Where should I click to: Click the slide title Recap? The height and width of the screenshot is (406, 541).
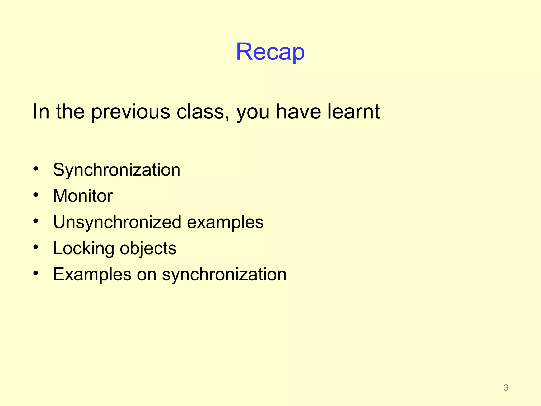point(270,52)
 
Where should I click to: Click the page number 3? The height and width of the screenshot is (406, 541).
point(506,387)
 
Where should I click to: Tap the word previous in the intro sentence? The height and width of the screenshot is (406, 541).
point(130,112)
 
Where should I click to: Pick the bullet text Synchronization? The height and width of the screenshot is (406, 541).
point(116,170)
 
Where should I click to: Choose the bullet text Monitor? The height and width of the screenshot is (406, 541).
point(83,196)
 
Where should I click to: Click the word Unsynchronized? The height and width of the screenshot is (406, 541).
point(117,222)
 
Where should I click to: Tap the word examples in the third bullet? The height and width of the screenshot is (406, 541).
point(225,223)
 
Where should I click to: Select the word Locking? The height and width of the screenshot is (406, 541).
point(83,248)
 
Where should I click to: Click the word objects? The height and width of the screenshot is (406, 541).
point(148,248)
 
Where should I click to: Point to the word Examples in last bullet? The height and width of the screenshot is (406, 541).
point(92,274)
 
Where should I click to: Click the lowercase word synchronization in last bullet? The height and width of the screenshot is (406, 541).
point(224,274)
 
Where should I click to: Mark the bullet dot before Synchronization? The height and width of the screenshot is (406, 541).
point(36,169)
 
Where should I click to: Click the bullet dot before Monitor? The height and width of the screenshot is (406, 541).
point(36,195)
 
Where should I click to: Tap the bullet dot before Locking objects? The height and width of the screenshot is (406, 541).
point(36,247)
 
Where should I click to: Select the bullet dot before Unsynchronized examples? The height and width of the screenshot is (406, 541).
point(36,221)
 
